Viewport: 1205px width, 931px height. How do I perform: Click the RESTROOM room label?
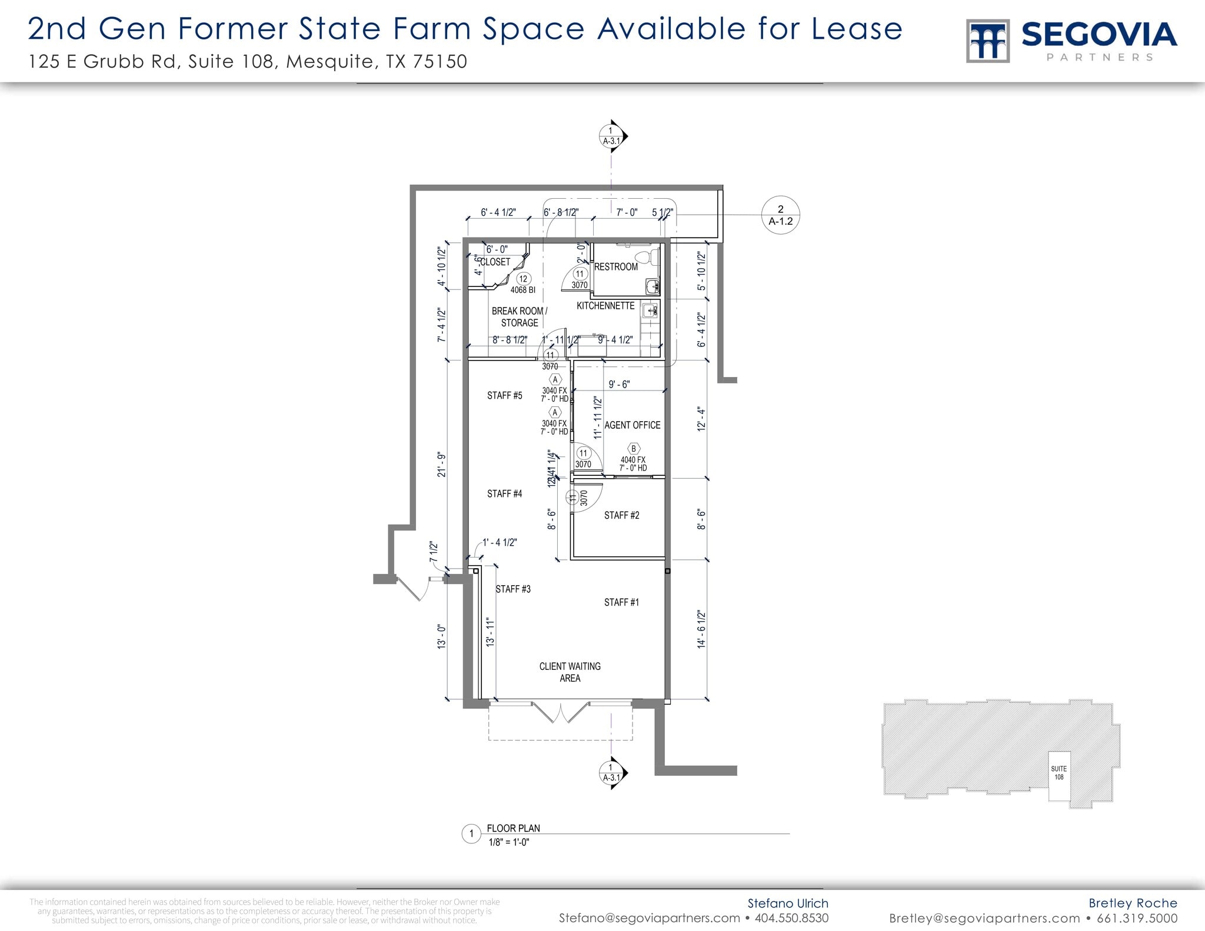pyautogui.click(x=615, y=267)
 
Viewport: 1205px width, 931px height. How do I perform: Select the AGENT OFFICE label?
pyautogui.click(x=632, y=425)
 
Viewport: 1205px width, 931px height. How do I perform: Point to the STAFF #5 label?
pyautogui.click(x=504, y=396)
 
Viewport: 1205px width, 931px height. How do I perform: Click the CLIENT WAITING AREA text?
pyautogui.click(x=570, y=672)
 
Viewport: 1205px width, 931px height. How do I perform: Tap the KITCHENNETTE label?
pyautogui.click(x=605, y=306)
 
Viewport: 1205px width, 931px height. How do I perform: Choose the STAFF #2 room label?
pyautogui.click(x=621, y=516)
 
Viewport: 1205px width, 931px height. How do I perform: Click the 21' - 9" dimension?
pyautogui.click(x=442, y=464)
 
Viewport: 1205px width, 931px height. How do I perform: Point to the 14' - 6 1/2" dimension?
pyautogui.click(x=701, y=629)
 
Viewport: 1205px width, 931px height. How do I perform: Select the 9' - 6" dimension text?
pyautogui.click(x=619, y=385)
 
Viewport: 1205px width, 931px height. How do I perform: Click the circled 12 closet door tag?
pyautogui.click(x=523, y=279)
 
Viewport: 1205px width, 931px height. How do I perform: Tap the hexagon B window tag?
pyautogui.click(x=634, y=449)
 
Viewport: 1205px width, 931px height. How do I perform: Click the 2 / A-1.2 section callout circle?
pyautogui.click(x=780, y=215)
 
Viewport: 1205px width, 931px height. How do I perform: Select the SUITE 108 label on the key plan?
pyautogui.click(x=1058, y=773)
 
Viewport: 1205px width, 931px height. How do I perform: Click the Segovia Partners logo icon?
pyautogui.click(x=988, y=41)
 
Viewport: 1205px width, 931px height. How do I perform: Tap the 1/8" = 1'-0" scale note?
pyautogui.click(x=509, y=842)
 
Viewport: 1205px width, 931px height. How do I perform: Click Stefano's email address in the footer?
pyautogui.click(x=649, y=918)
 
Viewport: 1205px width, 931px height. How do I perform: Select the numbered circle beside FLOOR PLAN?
pyautogui.click(x=471, y=834)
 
